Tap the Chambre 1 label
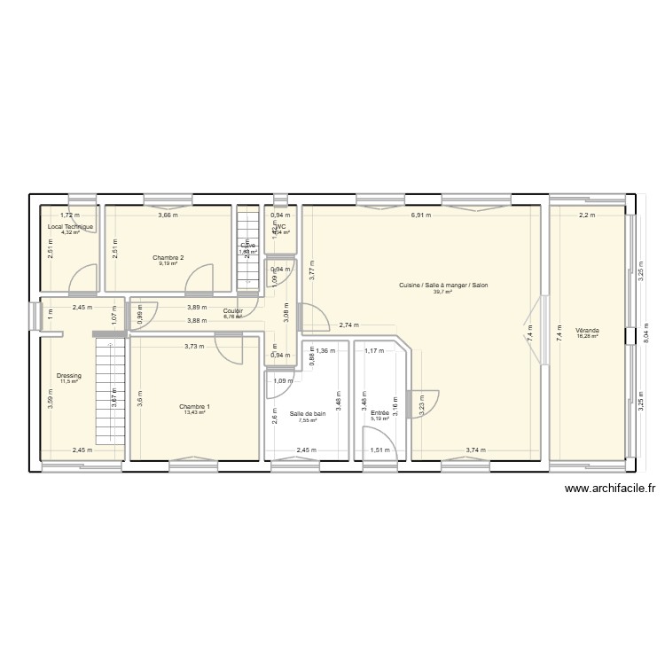click(194, 406)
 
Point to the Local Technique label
click(70, 227)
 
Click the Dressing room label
click(68, 376)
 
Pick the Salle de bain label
click(308, 413)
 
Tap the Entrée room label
click(379, 412)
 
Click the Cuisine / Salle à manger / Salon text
click(443, 286)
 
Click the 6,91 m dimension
click(420, 215)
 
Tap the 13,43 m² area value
click(194, 412)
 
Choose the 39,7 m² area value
click(443, 292)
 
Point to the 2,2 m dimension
click(587, 215)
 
